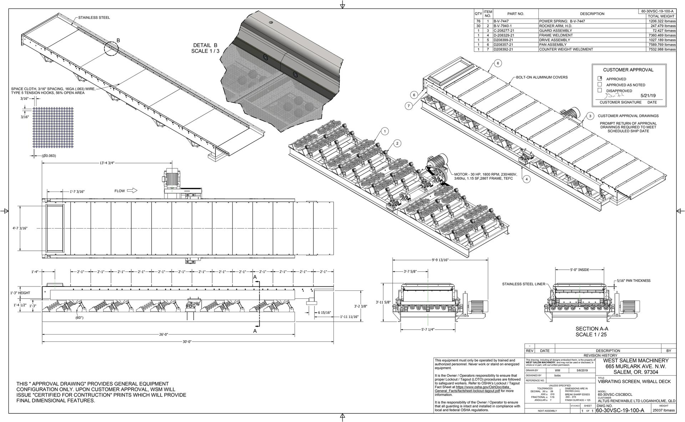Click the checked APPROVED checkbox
[600, 78]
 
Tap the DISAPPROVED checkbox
[600, 90]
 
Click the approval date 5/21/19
[649, 96]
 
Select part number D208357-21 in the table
[505, 45]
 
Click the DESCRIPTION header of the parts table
[592, 14]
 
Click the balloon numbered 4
[527, 179]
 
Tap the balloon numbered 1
[385, 132]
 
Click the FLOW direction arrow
[132, 191]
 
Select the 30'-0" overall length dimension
[187, 342]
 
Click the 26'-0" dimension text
[163, 335]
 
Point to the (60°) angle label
[79, 317]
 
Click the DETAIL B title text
[205, 45]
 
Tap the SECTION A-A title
[592, 329]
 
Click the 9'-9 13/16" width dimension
[440, 260]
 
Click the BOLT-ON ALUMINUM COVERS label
[542, 77]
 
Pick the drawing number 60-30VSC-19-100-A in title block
[620, 411]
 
